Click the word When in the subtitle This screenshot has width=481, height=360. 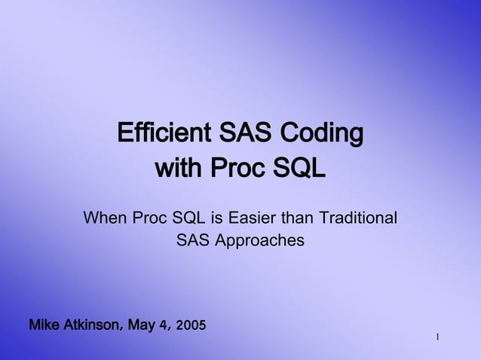pyautogui.click(x=105, y=218)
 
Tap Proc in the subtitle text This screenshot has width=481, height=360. pyautogui.click(x=150, y=218)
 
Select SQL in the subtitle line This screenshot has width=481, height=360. pyautogui.click(x=189, y=218)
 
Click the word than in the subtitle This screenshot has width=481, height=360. pyautogui.click(x=299, y=218)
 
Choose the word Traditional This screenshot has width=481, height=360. pyautogui.click(x=357, y=218)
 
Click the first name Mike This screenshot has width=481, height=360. pyautogui.click(x=44, y=325)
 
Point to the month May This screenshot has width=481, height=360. pyautogui.click(x=142, y=326)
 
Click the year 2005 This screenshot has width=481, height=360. pyautogui.click(x=190, y=326)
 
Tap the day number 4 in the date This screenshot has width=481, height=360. pyautogui.click(x=164, y=326)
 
